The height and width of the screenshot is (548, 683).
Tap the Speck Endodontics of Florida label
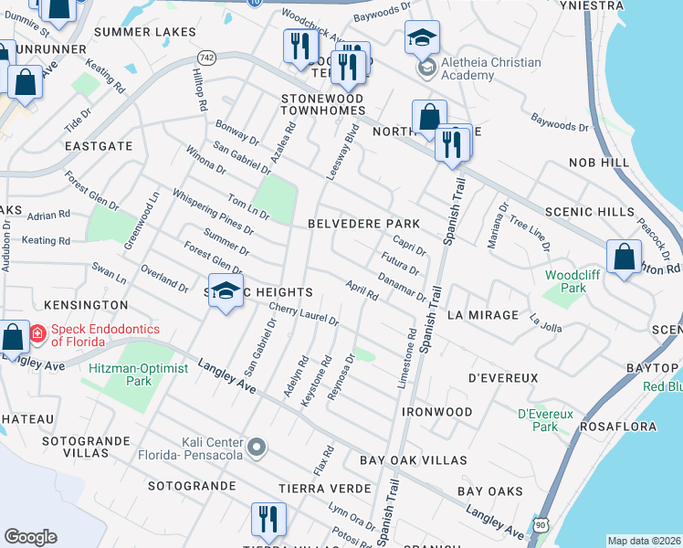[105, 335]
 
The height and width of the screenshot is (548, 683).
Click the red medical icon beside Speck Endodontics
[37, 334]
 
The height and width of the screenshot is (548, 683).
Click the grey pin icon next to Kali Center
[258, 448]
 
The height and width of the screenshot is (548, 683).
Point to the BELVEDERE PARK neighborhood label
[363, 224]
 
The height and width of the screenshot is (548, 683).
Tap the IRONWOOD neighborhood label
[437, 412]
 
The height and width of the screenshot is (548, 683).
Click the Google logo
[30, 537]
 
